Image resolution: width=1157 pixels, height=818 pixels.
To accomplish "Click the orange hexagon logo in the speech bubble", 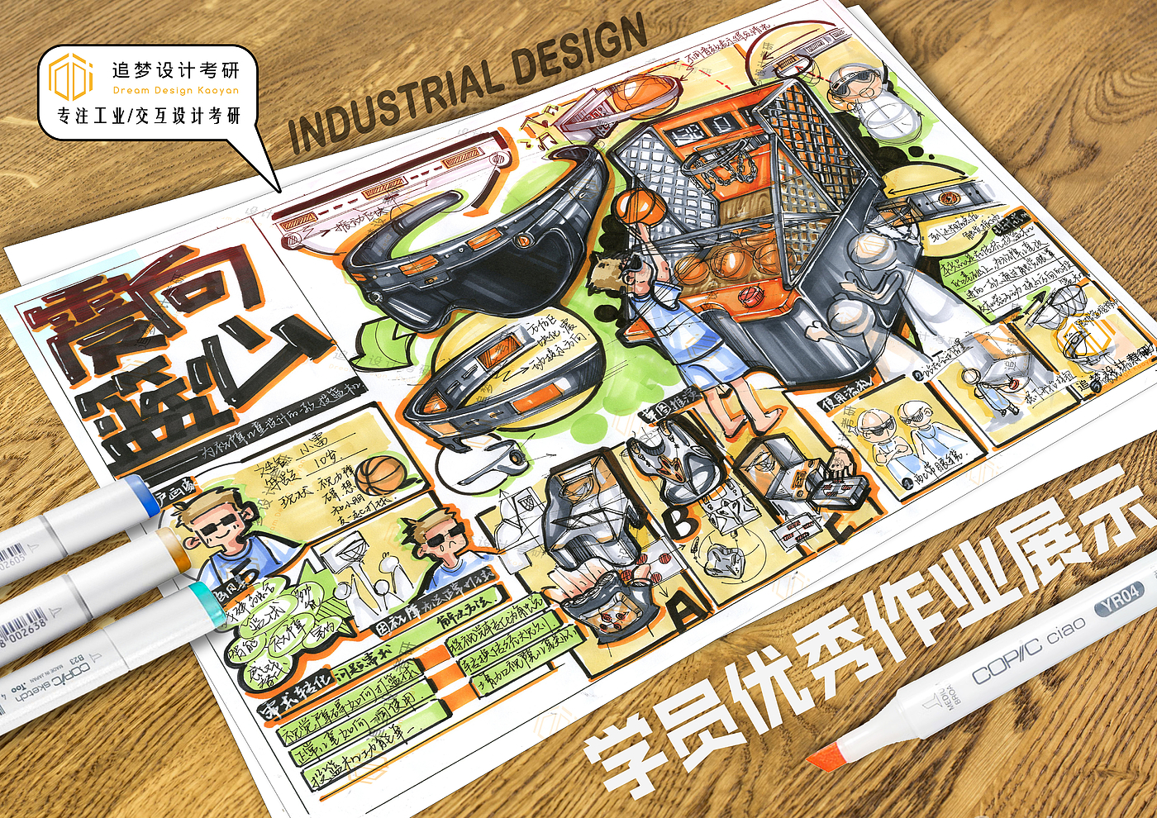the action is (x=70, y=77).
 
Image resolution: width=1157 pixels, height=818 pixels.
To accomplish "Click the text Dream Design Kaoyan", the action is (x=176, y=91).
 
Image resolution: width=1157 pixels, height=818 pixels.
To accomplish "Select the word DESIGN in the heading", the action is (x=579, y=51).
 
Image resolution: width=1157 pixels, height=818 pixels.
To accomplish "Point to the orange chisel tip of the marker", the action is (x=827, y=756).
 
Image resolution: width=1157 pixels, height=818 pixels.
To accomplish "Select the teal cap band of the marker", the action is (x=202, y=603).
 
